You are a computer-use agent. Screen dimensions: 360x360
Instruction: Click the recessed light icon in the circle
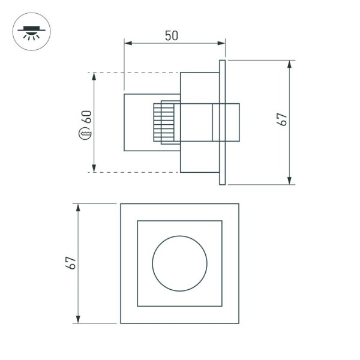click(31, 31)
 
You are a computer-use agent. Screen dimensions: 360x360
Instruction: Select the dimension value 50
click(172, 35)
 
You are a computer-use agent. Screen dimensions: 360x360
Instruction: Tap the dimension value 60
click(88, 116)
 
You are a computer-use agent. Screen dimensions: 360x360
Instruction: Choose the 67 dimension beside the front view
click(70, 262)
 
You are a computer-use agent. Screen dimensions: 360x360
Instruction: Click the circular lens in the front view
click(179, 263)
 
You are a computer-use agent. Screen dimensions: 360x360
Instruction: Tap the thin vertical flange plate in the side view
click(222, 122)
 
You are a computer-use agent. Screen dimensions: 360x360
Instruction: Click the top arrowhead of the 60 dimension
click(94, 76)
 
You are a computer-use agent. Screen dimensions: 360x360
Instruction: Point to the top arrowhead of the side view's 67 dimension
click(290, 64)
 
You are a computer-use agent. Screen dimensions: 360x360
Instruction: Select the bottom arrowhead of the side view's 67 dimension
click(290, 181)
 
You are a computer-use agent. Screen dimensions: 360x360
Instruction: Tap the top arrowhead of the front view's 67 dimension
click(77, 207)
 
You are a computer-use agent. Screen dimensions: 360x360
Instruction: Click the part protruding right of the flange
click(233, 122)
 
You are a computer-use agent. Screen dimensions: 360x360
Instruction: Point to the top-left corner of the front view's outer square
click(121, 204)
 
